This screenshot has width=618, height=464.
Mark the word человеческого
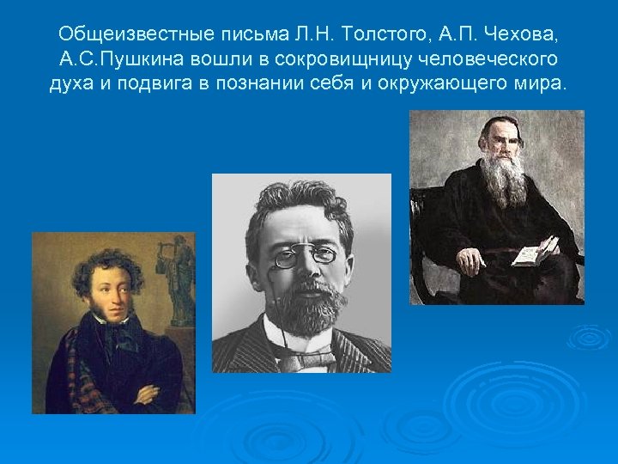[x=494, y=60]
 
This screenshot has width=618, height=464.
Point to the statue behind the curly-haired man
[x=179, y=279]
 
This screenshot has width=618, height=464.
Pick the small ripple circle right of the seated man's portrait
[x=591, y=337]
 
